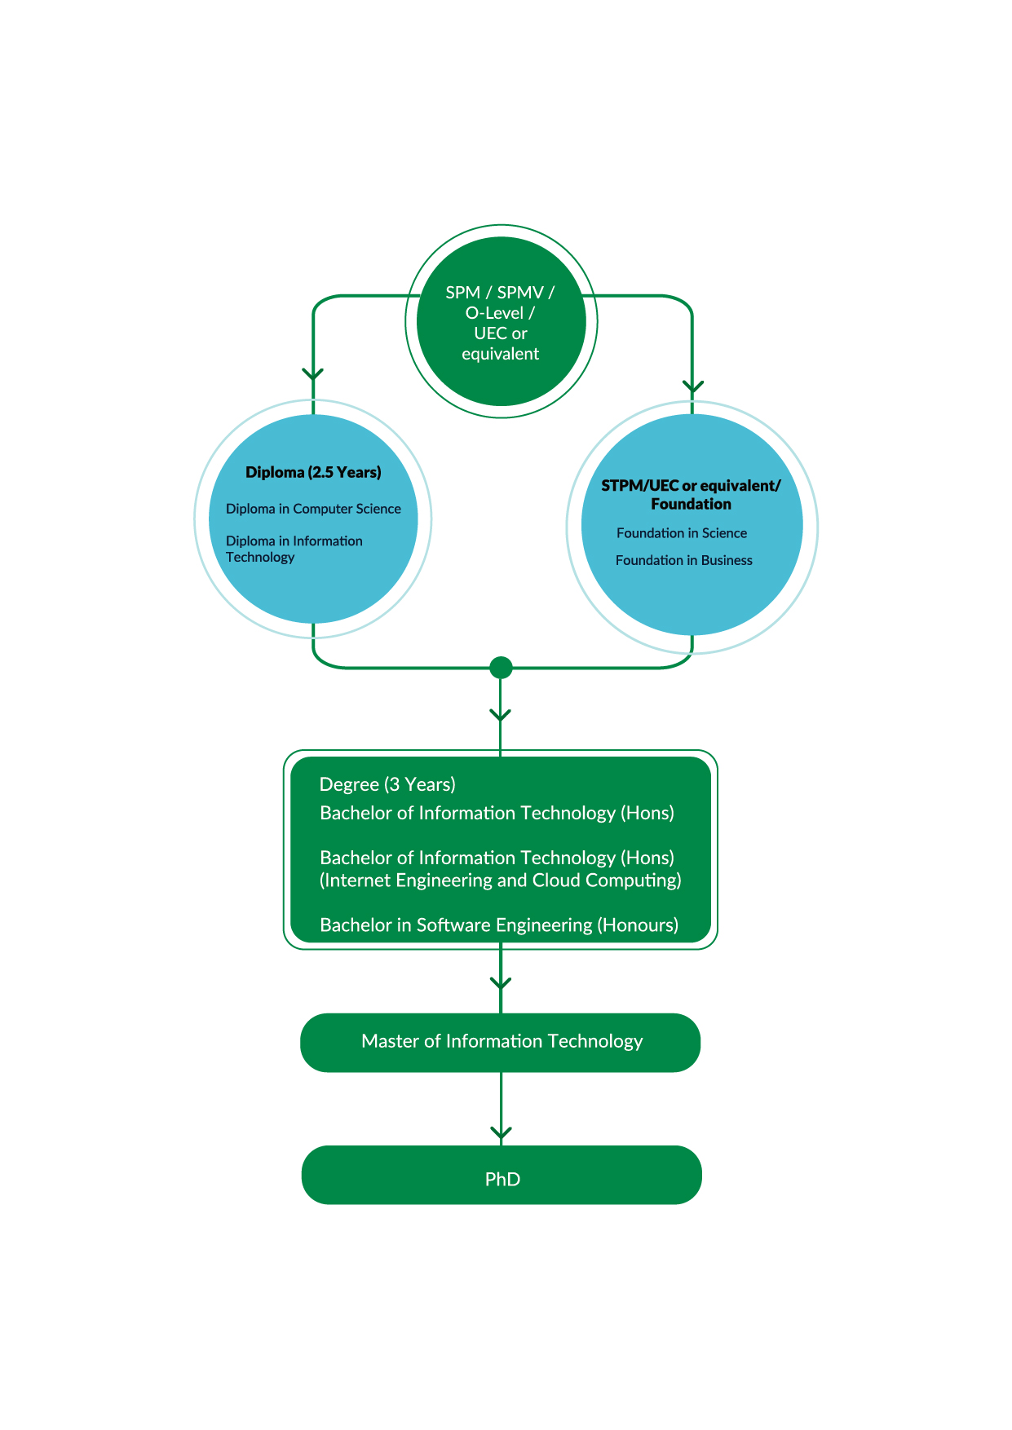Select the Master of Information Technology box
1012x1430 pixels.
click(x=501, y=1042)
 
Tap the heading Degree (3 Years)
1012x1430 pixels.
click(x=387, y=784)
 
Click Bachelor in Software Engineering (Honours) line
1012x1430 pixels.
click(x=498, y=925)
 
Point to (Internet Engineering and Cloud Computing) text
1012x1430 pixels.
click(x=500, y=881)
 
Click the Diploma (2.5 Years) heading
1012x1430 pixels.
click(x=313, y=473)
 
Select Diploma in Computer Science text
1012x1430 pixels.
click(x=313, y=509)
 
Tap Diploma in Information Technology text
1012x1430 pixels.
click(x=294, y=549)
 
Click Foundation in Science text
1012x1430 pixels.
click(x=681, y=533)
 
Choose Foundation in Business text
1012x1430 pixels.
click(x=683, y=561)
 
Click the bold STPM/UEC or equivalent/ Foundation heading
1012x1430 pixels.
click(x=691, y=495)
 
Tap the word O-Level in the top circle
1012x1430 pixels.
click(x=494, y=313)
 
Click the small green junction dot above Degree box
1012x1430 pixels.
click(x=501, y=668)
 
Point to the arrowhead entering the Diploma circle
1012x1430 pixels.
click(x=313, y=374)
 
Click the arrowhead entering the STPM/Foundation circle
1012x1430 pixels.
click(x=692, y=386)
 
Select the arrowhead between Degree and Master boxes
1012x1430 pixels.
click(x=501, y=984)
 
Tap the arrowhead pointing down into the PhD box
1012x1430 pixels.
click(x=501, y=1133)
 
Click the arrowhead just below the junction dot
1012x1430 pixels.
click(x=500, y=715)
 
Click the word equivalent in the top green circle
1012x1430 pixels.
click(x=500, y=354)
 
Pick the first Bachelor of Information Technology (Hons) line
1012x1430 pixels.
click(x=497, y=814)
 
